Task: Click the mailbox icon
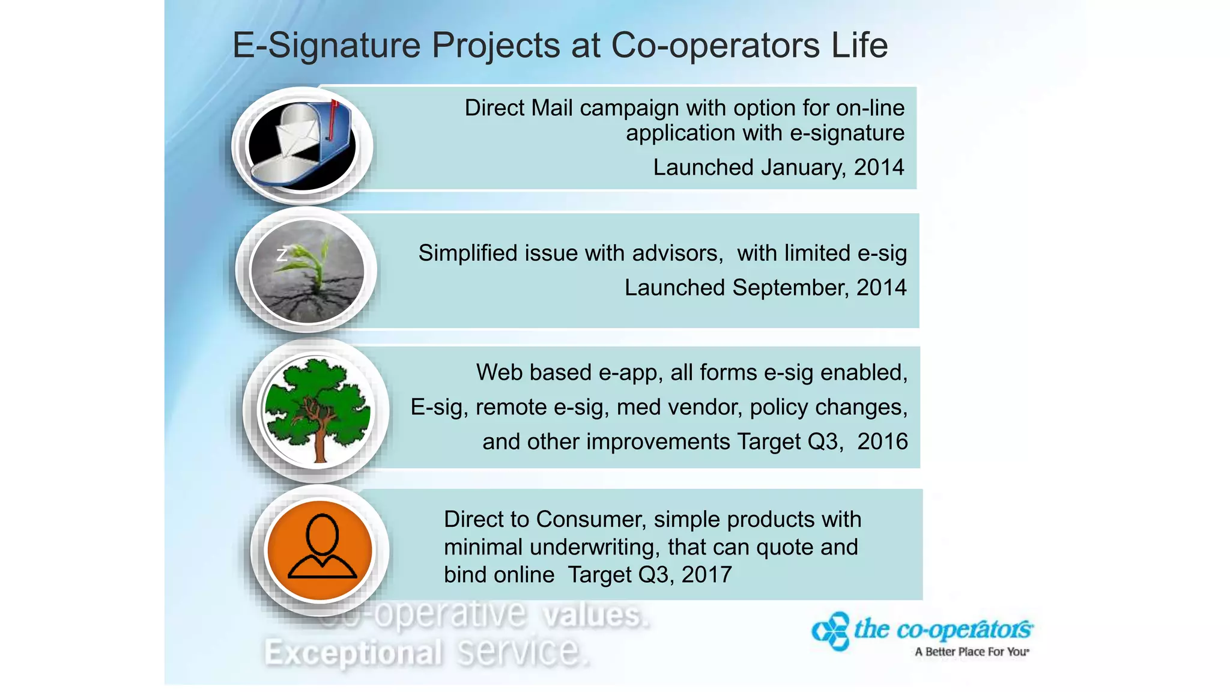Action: (x=302, y=146)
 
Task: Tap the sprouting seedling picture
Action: (x=307, y=271)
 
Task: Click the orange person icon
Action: (x=320, y=550)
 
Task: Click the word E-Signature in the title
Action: (x=327, y=46)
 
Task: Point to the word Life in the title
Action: (x=859, y=46)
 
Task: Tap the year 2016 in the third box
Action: (x=882, y=442)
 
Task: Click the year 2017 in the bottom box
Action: (x=706, y=575)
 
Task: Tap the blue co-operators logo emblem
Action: (x=831, y=631)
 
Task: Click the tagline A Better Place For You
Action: (x=972, y=652)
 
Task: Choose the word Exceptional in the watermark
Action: (x=353, y=653)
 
